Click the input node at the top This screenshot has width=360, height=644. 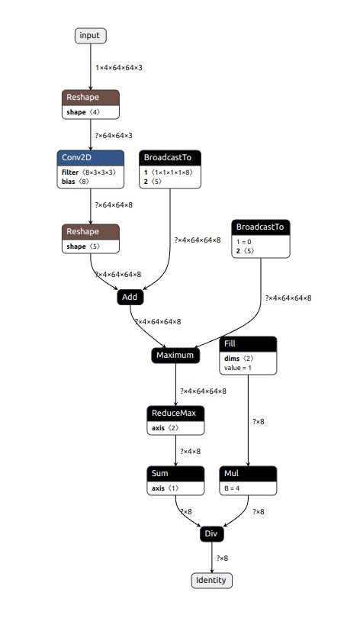(x=90, y=36)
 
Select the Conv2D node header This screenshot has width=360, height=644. (x=90, y=158)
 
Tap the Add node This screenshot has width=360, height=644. (x=130, y=297)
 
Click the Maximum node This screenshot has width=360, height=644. (x=175, y=356)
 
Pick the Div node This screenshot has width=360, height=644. (x=211, y=533)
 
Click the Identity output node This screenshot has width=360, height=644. (x=211, y=581)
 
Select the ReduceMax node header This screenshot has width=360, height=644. (x=175, y=413)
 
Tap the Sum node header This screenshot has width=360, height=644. (x=175, y=474)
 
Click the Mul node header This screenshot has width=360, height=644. (x=248, y=474)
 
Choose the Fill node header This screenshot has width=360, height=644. (x=248, y=344)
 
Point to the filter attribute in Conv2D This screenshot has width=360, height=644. (x=88, y=172)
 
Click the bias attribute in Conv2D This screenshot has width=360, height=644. (x=76, y=181)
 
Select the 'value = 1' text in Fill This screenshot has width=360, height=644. (x=238, y=368)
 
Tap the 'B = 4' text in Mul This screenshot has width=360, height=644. (x=232, y=489)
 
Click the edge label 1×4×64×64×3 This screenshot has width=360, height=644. (x=119, y=68)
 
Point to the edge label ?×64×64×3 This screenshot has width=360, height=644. (x=114, y=136)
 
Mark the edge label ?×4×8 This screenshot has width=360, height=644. (x=191, y=452)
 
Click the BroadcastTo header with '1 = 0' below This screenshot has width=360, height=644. (x=261, y=227)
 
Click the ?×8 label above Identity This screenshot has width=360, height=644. (x=222, y=559)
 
